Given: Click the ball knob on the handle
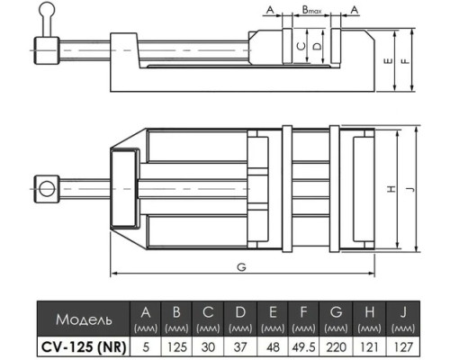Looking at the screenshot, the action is (x=47, y=9).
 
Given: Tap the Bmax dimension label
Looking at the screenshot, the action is (x=311, y=10).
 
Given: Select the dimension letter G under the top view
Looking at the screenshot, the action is (x=241, y=266).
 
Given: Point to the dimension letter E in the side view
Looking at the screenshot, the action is (x=388, y=61).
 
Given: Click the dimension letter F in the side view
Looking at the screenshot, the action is (x=406, y=61).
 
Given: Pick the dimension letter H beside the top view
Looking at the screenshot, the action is (x=391, y=189).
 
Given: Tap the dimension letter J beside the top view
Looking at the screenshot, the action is (x=411, y=189).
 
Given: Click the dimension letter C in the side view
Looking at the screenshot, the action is (x=301, y=46).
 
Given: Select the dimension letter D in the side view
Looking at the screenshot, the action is (x=317, y=46).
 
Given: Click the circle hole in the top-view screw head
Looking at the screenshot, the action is (x=47, y=189).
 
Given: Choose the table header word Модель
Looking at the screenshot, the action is (x=84, y=319).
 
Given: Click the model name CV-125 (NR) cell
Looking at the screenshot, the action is (x=84, y=347).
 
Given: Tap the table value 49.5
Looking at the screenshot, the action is (x=303, y=347).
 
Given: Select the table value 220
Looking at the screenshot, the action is (x=336, y=347).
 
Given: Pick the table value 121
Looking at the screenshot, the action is (x=369, y=347).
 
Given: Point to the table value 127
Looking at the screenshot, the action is (x=403, y=347).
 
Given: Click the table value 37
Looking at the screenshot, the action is (x=240, y=347).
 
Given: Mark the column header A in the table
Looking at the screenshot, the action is (x=146, y=312).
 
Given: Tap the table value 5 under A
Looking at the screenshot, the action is (x=146, y=347).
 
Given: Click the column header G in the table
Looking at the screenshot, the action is (x=336, y=312).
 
